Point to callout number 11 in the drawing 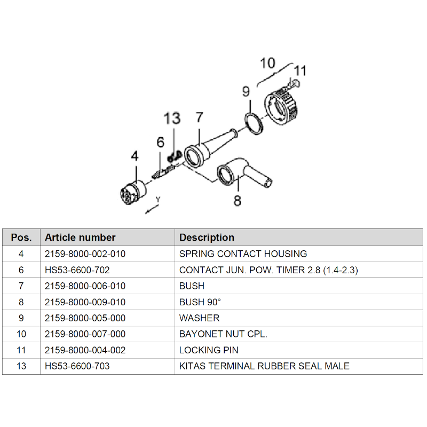coord(301,71)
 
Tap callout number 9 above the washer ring coord(246,92)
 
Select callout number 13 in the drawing coord(172,118)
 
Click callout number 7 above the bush coord(199,117)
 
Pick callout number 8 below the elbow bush coord(238,201)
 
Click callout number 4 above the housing coord(135,156)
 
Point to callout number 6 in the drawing coord(160,142)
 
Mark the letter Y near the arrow coord(157,199)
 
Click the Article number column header coord(80,238)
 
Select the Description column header coord(207,238)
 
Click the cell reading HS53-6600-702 coord(77,270)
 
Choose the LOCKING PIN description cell coord(209,350)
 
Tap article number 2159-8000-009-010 coord(85,302)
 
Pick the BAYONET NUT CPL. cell coord(223,334)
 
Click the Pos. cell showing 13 coord(21,366)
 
